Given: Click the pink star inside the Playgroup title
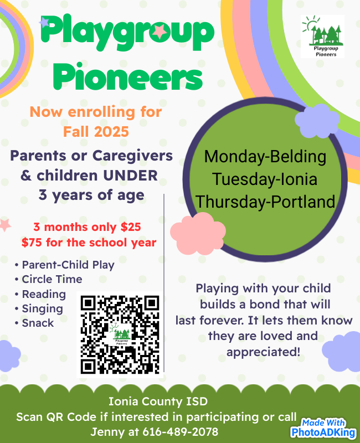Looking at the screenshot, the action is [160, 31].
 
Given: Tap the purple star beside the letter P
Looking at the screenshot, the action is [44, 22].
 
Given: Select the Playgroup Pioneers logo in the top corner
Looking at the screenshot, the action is [322, 37].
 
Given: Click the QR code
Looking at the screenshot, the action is [120, 334].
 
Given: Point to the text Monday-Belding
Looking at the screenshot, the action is [265, 157].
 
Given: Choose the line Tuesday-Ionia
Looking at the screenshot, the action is [265, 179].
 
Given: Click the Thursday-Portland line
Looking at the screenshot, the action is [265, 202].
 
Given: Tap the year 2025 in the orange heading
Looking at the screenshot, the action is [111, 132].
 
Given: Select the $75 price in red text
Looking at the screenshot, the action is [32, 243].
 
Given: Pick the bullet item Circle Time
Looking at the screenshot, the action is [52, 279].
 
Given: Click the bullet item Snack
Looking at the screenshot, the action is [38, 323].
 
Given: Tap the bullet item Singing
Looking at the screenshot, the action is [43, 309].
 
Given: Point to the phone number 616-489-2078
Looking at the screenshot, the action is [181, 432].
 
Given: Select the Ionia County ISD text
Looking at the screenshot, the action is [158, 401].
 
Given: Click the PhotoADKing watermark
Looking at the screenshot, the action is [323, 428].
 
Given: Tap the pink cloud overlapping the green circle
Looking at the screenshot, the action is [198, 233].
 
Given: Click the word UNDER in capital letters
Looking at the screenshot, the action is [130, 176].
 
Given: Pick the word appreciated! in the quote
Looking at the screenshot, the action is [263, 352].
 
